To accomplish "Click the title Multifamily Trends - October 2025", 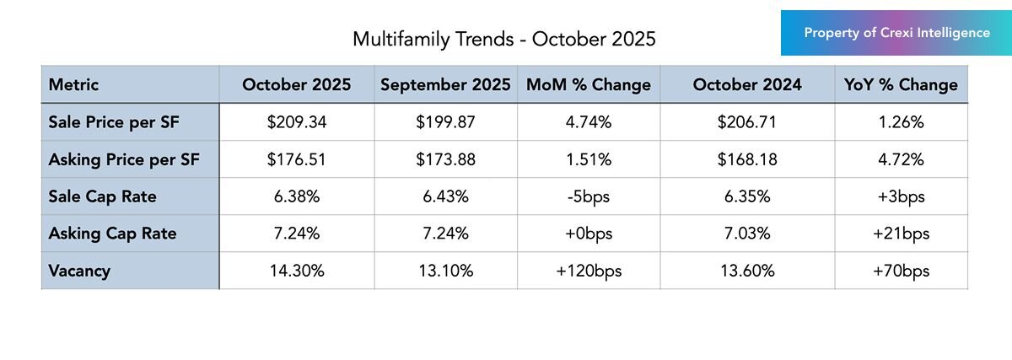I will pos(503,39).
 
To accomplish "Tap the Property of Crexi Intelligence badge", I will pos(896,33).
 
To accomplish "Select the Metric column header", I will pos(74,84).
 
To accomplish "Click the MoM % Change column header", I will pos(589,84).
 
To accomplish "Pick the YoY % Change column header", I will pos(901,84).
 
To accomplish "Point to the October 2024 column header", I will pos(747,84).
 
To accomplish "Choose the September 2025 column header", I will pos(445,84).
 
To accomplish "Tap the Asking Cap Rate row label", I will pos(113,234).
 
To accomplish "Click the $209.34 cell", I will pos(296,122).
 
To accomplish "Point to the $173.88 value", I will pos(445,159).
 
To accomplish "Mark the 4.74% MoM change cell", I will pos(589,122).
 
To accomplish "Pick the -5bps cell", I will pos(589,196).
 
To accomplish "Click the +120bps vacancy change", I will pos(589,271).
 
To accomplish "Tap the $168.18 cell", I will pos(747,159).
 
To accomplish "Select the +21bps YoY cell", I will pos(901,234).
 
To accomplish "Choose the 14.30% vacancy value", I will pos(296,271).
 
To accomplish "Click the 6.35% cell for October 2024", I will pos(747,196).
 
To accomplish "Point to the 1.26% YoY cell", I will pos(901,122).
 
